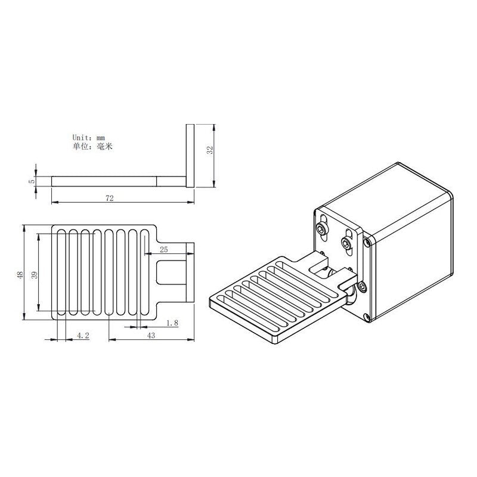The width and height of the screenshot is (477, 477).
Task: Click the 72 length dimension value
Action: (x=109, y=196)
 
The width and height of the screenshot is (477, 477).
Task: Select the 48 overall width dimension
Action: (x=20, y=275)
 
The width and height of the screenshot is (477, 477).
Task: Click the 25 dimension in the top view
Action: (x=164, y=248)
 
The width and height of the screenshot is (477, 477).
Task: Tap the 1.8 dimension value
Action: (x=172, y=323)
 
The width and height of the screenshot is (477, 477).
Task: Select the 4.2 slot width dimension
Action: (x=83, y=336)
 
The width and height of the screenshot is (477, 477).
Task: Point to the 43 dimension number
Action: (x=151, y=336)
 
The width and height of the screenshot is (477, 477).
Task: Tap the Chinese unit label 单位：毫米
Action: (x=92, y=145)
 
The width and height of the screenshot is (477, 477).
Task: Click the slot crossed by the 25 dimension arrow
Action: (x=147, y=271)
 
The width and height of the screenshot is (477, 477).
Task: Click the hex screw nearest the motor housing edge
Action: (x=346, y=242)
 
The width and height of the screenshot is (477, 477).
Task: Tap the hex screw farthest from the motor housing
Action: (x=323, y=228)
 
